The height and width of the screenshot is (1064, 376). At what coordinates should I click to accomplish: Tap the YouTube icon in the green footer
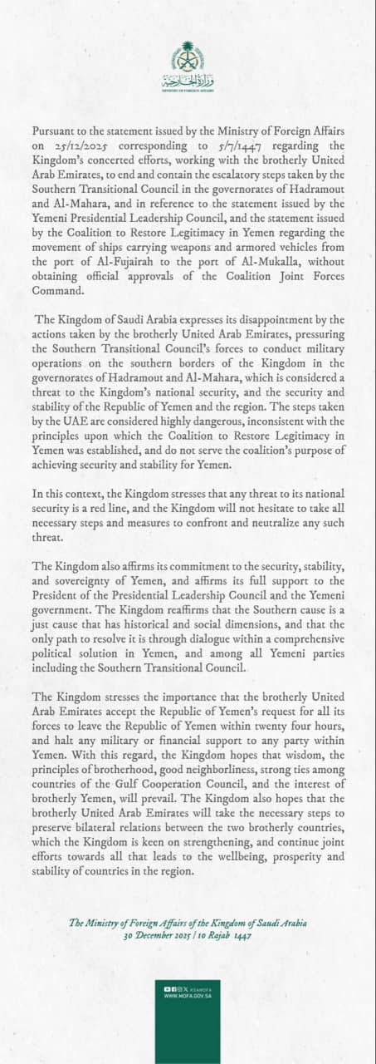[x=168, y=988]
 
